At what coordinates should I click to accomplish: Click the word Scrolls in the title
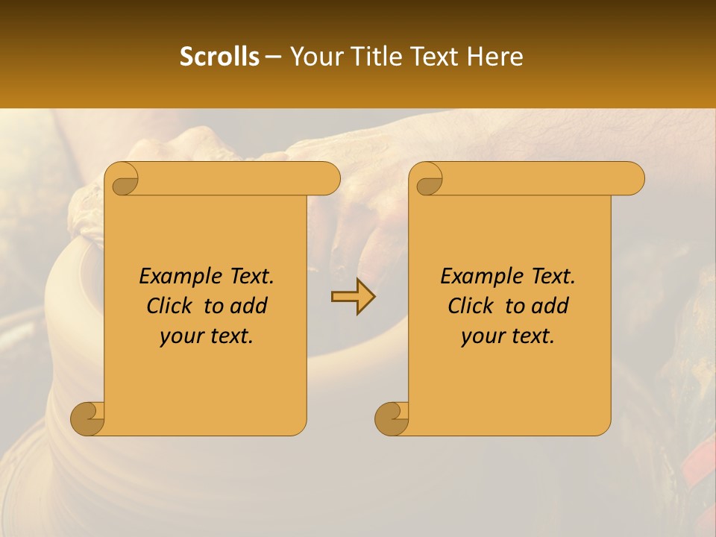(219, 57)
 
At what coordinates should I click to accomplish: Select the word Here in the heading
(494, 57)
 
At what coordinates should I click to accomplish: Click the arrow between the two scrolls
(353, 297)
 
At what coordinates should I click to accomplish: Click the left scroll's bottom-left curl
(88, 419)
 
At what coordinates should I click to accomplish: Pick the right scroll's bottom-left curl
(392, 419)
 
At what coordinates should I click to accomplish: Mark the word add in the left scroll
(249, 306)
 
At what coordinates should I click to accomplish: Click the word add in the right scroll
(550, 306)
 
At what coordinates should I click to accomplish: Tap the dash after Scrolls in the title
(273, 57)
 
